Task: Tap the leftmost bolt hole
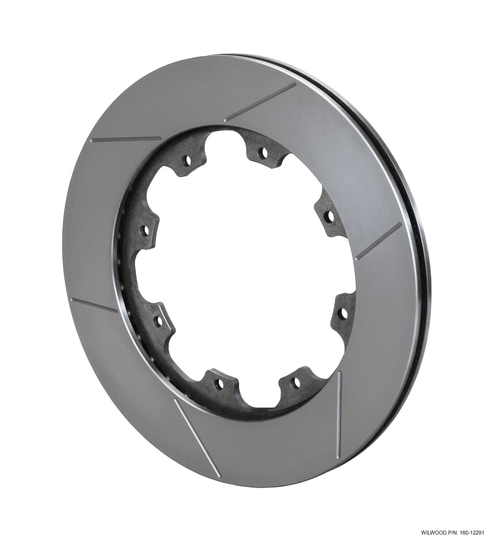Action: (x=145, y=230)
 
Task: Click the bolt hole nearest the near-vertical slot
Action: (x=295, y=383)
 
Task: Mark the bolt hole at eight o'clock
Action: (x=158, y=319)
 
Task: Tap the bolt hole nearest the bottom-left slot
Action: (x=218, y=384)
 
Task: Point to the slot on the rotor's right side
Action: (x=378, y=241)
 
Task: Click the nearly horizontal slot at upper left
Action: (x=125, y=139)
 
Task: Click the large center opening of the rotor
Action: (x=244, y=269)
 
